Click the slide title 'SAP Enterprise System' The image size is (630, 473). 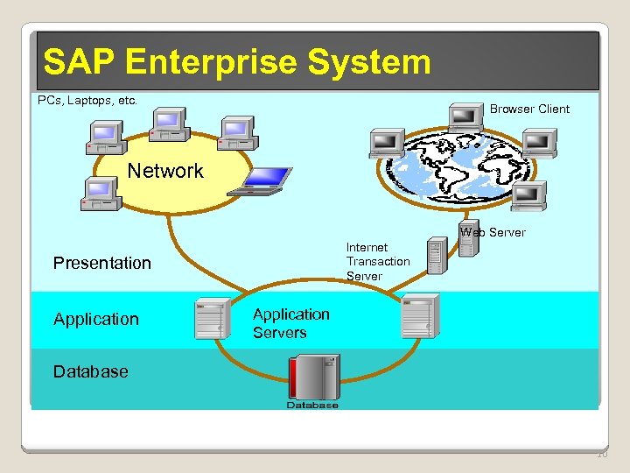[237, 62]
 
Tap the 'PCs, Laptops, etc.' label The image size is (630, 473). [87, 101]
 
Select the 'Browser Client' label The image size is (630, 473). [529, 109]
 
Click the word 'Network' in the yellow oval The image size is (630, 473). [165, 171]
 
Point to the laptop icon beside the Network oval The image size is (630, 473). [259, 180]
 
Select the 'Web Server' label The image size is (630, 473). [493, 232]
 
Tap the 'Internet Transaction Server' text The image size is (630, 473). [378, 262]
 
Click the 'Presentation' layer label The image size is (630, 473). [102, 263]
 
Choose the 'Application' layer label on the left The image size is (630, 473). [96, 319]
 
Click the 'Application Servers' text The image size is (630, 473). [291, 323]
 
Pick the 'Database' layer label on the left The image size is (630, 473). [91, 371]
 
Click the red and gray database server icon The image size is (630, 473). [313, 378]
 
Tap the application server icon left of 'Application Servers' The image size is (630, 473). [213, 318]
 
